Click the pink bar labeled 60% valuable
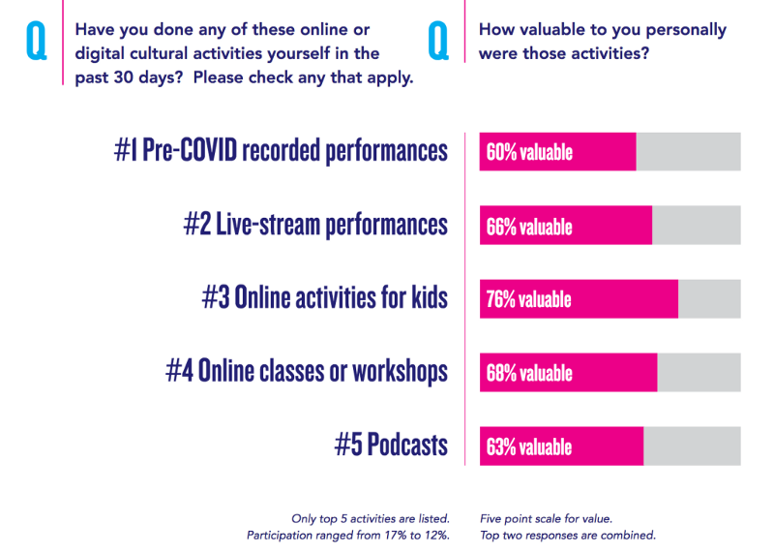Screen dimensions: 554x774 (x=557, y=152)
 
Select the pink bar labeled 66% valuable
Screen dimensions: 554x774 (x=565, y=226)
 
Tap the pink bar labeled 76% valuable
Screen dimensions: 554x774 (x=579, y=299)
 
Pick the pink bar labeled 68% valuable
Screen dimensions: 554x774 (x=568, y=373)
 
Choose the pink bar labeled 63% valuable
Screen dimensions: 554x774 (x=561, y=446)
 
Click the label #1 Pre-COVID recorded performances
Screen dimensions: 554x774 (x=281, y=151)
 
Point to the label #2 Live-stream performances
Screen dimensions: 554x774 (x=315, y=225)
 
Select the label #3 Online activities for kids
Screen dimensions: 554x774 (x=325, y=297)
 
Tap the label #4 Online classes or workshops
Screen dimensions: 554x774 (x=307, y=371)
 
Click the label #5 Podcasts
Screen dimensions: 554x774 (x=391, y=445)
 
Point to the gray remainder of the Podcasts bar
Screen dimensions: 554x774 (x=692, y=446)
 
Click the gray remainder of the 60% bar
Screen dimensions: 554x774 (x=688, y=152)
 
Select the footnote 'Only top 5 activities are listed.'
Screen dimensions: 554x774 (x=370, y=518)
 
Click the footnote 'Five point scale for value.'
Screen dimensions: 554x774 (x=546, y=518)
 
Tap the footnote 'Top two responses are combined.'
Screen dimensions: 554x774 (x=567, y=535)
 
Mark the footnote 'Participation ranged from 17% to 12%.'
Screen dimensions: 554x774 (x=347, y=535)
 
